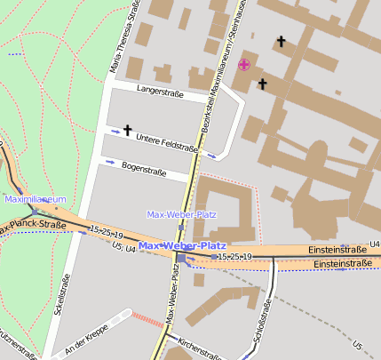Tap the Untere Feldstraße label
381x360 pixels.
point(167,140)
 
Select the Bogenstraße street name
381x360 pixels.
point(145,167)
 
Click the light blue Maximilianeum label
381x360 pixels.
point(36,200)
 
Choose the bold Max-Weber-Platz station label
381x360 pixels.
point(182,245)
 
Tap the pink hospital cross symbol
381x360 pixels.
point(244,63)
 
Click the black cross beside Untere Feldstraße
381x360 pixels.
point(127,131)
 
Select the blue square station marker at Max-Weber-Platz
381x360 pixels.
point(181,259)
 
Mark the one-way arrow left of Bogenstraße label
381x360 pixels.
point(110,163)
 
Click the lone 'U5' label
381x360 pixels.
point(357,345)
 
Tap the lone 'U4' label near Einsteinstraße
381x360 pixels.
point(374,244)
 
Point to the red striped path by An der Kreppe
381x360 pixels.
point(146,318)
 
